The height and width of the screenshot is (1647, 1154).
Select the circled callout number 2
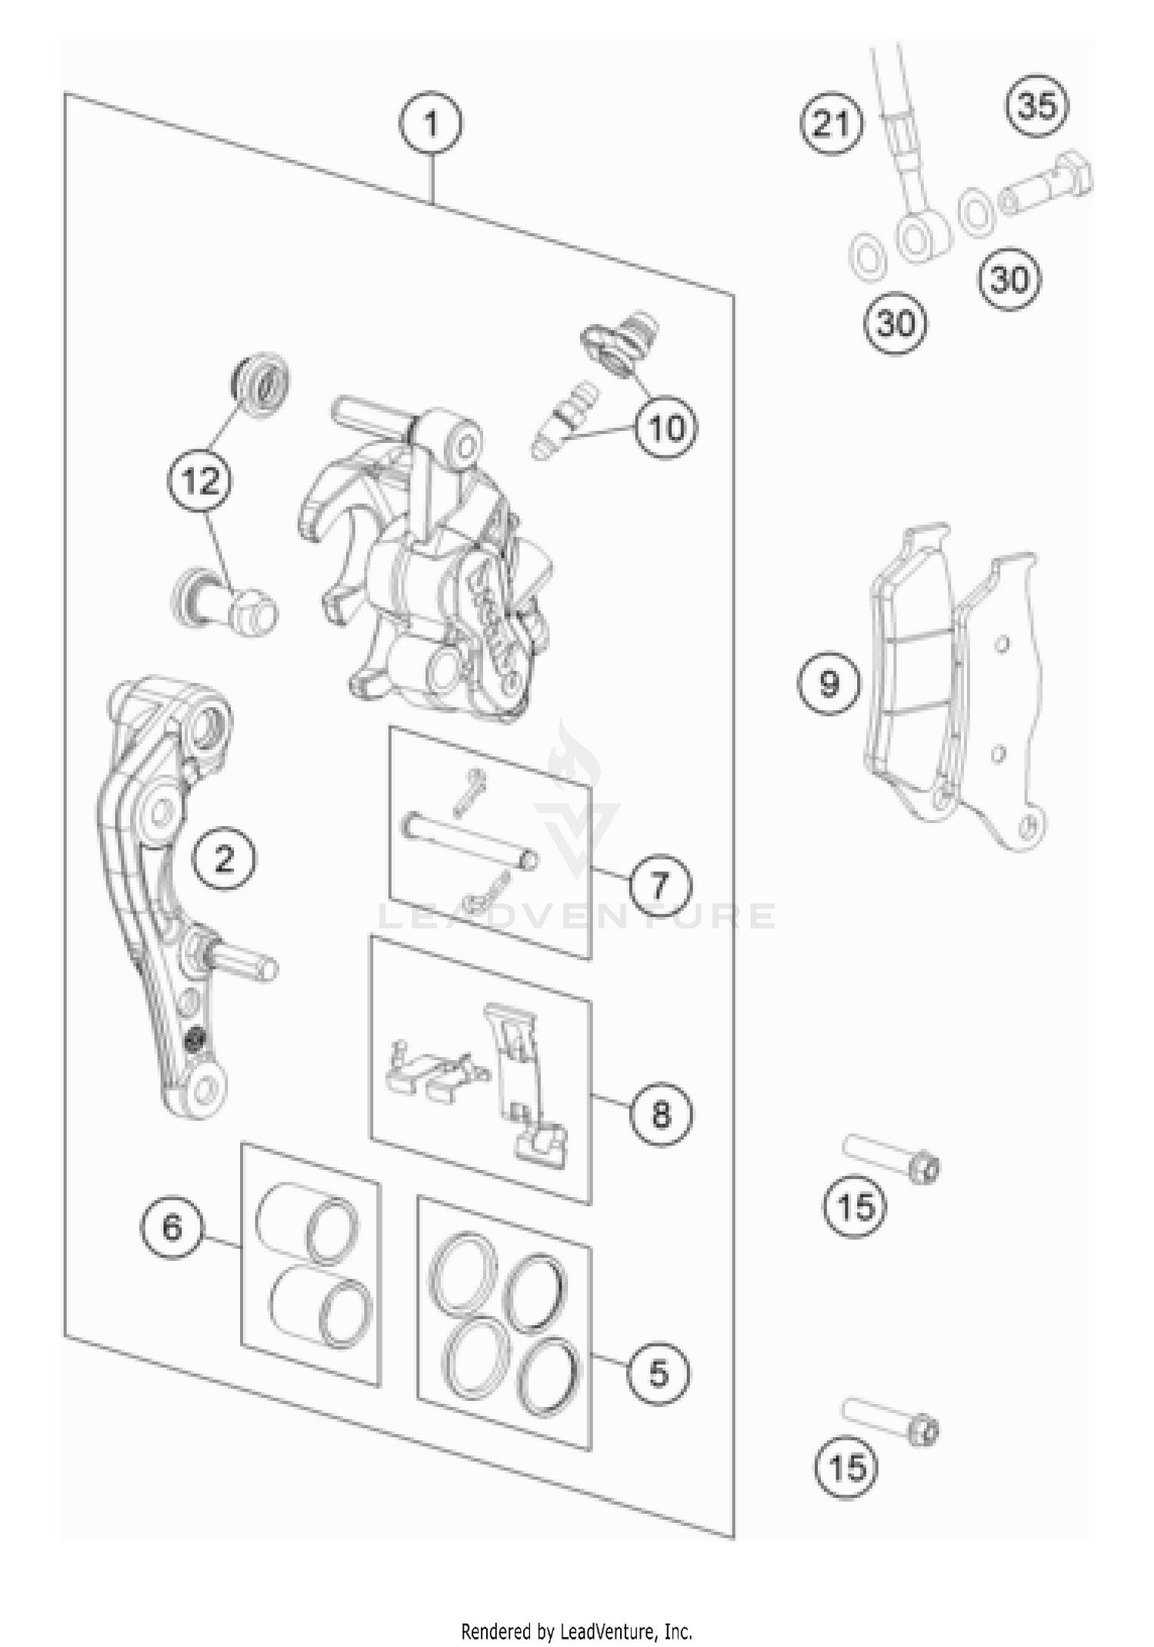(224, 858)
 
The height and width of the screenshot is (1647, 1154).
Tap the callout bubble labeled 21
(832, 123)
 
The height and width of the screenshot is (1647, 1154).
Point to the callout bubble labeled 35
(1037, 105)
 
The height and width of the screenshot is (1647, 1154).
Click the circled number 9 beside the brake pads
(828, 683)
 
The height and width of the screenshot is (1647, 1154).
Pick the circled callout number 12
(200, 482)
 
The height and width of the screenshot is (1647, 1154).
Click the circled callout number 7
(660, 885)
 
